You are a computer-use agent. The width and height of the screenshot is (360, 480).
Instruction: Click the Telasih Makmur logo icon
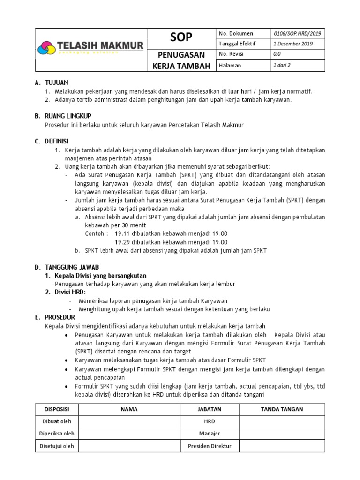point(46,47)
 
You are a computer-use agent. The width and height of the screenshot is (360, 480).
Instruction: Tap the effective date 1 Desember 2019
point(293,44)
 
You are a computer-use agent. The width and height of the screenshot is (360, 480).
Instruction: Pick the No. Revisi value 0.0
point(277,54)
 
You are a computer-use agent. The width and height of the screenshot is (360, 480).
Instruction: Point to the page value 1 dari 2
point(282,65)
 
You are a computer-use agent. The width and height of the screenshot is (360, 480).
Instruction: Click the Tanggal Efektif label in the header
point(235,44)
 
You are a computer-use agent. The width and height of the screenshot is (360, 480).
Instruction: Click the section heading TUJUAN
point(56,82)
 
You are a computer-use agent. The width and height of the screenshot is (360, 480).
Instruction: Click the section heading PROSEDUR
point(60,317)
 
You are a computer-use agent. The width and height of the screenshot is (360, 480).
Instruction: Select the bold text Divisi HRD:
point(70,292)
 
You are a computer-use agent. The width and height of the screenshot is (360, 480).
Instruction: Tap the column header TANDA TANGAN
point(282,409)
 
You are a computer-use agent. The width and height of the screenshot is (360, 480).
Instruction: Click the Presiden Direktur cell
point(210,446)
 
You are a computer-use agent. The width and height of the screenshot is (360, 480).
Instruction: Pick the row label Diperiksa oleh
point(56,434)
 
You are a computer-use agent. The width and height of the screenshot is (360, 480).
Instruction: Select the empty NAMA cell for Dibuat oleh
point(129,421)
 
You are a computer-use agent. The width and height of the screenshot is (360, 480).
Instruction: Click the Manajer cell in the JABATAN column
point(210,434)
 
